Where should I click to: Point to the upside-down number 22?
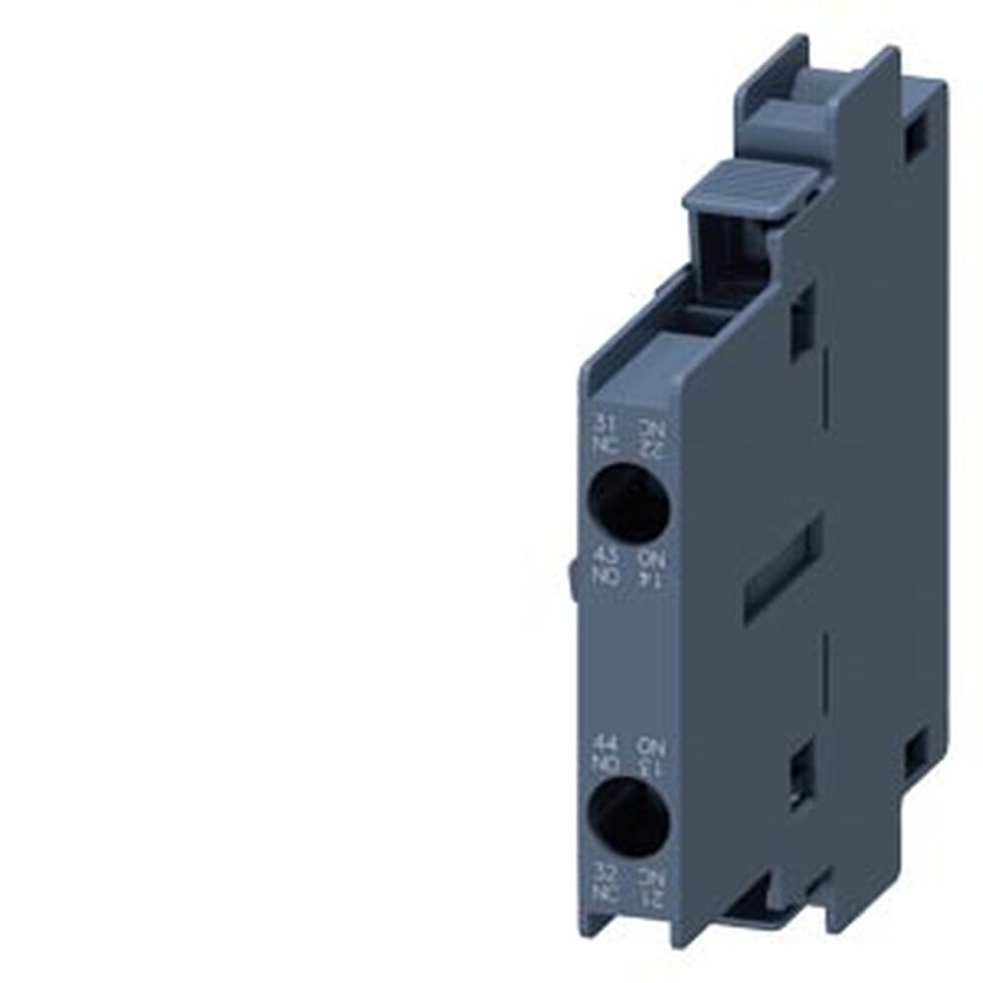pyautogui.click(x=653, y=449)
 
